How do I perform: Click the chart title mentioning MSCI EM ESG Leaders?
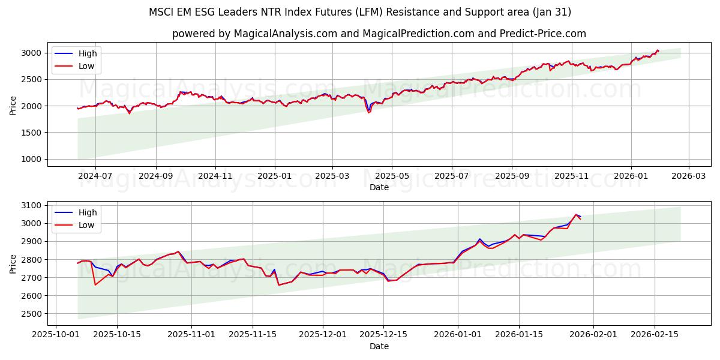[x=360, y=12]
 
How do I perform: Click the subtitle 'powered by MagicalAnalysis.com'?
[x=379, y=34]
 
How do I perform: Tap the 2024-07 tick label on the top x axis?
[x=96, y=176]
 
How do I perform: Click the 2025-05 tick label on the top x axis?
[x=392, y=176]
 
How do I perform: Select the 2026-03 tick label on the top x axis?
[x=688, y=176]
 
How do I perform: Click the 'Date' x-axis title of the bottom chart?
[x=379, y=346]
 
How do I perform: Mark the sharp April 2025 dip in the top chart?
[x=368, y=112]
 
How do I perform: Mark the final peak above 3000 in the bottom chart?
[x=576, y=214]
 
